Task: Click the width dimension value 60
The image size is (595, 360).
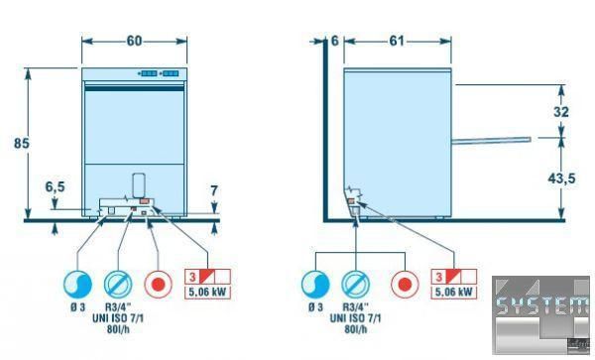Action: (134, 41)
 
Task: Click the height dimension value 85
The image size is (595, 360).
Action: (21, 144)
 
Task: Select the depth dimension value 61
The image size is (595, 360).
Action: (397, 41)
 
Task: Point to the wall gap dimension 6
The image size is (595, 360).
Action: (335, 41)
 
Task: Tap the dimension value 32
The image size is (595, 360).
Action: (561, 112)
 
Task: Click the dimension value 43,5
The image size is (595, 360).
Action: (561, 179)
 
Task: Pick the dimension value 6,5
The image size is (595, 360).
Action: (56, 187)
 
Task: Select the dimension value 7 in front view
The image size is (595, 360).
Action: (214, 190)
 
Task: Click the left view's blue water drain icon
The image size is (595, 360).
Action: (77, 284)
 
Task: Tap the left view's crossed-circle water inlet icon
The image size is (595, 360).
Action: (118, 284)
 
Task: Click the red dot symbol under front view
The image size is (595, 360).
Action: (159, 284)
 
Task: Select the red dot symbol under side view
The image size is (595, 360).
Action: (405, 284)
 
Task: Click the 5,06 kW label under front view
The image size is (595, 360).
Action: (207, 293)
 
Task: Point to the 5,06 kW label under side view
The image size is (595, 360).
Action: (454, 292)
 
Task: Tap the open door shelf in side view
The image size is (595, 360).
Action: (491, 141)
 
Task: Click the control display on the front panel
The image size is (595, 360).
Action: (159, 73)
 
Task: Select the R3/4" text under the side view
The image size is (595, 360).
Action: (356, 306)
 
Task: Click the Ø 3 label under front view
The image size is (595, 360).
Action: (77, 306)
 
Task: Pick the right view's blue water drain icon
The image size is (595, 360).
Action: (315, 284)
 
